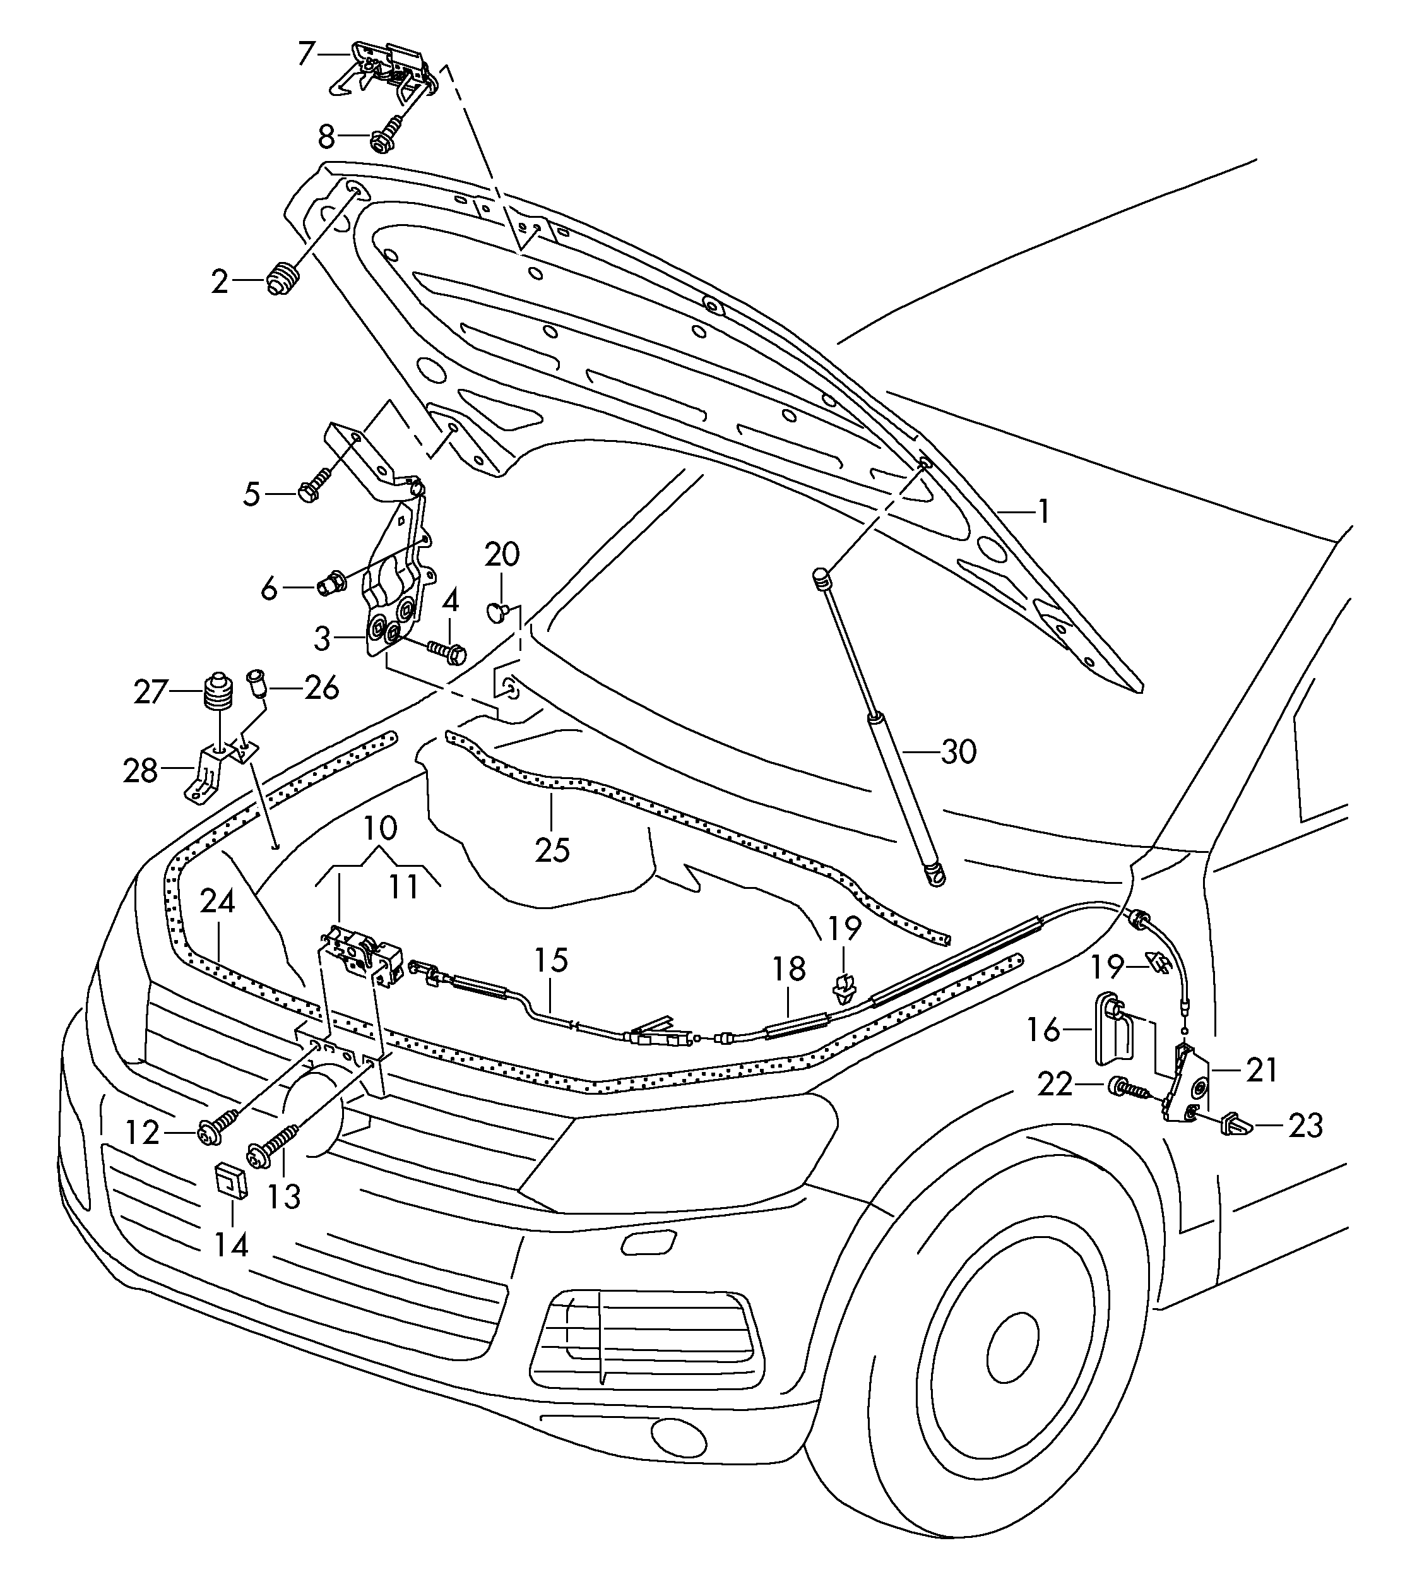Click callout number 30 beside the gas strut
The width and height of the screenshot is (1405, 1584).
pos(958,752)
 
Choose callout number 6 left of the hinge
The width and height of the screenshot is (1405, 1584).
pos(269,589)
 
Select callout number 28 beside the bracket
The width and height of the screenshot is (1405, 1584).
pos(140,770)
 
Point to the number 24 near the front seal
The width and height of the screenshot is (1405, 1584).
pos(218,902)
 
